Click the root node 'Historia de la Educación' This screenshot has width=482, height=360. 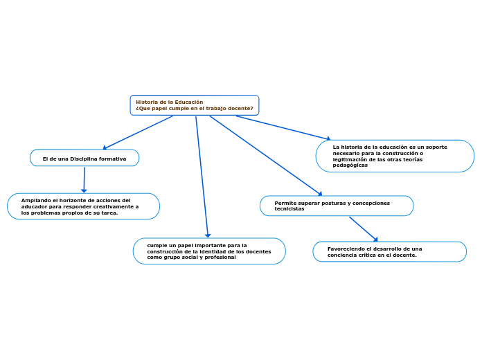pyautogui.click(x=195, y=105)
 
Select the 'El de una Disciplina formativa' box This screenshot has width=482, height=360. pyautogui.click(x=84, y=159)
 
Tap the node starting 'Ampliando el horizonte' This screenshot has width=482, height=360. pyautogui.click(x=83, y=206)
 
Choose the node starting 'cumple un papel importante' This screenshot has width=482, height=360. pyautogui.click(x=209, y=251)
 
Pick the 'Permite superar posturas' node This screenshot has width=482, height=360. pyautogui.click(x=337, y=206)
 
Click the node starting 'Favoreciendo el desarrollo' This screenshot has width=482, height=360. pyautogui.click(x=389, y=252)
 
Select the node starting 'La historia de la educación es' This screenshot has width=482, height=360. pyautogui.click(x=395, y=156)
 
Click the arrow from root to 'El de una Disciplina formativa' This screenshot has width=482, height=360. pyautogui.click(x=139, y=132)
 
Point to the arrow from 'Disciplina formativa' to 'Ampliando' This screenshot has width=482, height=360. pyautogui.click(x=84, y=179)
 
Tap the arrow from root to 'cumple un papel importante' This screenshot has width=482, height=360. pyautogui.click(x=202, y=177)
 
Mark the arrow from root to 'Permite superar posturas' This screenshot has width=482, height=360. pyautogui.click(x=266, y=156)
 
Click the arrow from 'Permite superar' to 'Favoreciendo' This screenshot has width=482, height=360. pyautogui.click(x=363, y=228)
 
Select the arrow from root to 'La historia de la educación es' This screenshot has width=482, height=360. pyautogui.click(x=283, y=127)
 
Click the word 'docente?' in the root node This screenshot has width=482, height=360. pyautogui.click(x=239, y=109)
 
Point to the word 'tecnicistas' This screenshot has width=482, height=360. pyautogui.click(x=289, y=209)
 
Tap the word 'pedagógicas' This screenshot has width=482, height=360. pyautogui.click(x=350, y=165)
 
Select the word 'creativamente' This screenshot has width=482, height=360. pyautogui.click(x=114, y=206)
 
